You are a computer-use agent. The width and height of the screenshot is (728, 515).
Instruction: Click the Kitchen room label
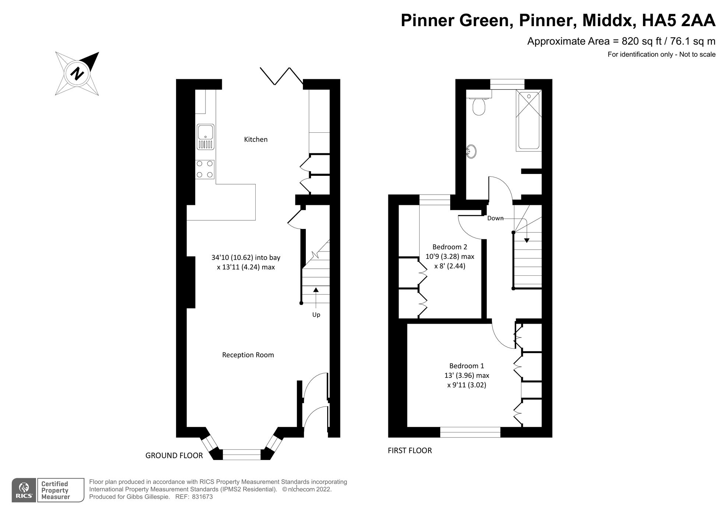(x=256, y=139)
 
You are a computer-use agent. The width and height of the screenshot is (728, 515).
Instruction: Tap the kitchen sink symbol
(x=206, y=137)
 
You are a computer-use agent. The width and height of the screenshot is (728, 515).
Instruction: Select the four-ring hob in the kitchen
(x=205, y=169)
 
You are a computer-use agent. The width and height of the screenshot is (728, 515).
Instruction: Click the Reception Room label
(x=248, y=355)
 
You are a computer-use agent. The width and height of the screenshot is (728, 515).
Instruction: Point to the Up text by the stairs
(x=316, y=315)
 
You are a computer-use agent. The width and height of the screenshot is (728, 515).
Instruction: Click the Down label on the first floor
(x=495, y=218)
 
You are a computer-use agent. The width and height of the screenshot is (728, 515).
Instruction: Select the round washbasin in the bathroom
(x=471, y=152)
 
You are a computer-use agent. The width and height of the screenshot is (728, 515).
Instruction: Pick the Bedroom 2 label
(x=449, y=247)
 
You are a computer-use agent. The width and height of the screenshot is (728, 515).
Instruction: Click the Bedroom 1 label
(x=466, y=366)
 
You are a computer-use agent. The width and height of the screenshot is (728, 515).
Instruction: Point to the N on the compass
(x=77, y=73)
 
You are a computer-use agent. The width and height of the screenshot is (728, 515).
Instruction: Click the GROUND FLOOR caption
(x=174, y=456)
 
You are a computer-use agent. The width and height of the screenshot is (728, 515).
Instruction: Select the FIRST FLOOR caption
(x=410, y=450)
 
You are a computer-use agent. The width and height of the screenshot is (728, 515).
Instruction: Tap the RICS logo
(x=24, y=491)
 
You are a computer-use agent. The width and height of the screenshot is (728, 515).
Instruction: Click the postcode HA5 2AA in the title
(x=678, y=21)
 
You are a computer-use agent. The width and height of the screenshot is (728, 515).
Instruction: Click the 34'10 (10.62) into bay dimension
(x=246, y=258)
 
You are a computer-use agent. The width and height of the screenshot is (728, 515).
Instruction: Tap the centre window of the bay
(x=242, y=454)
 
